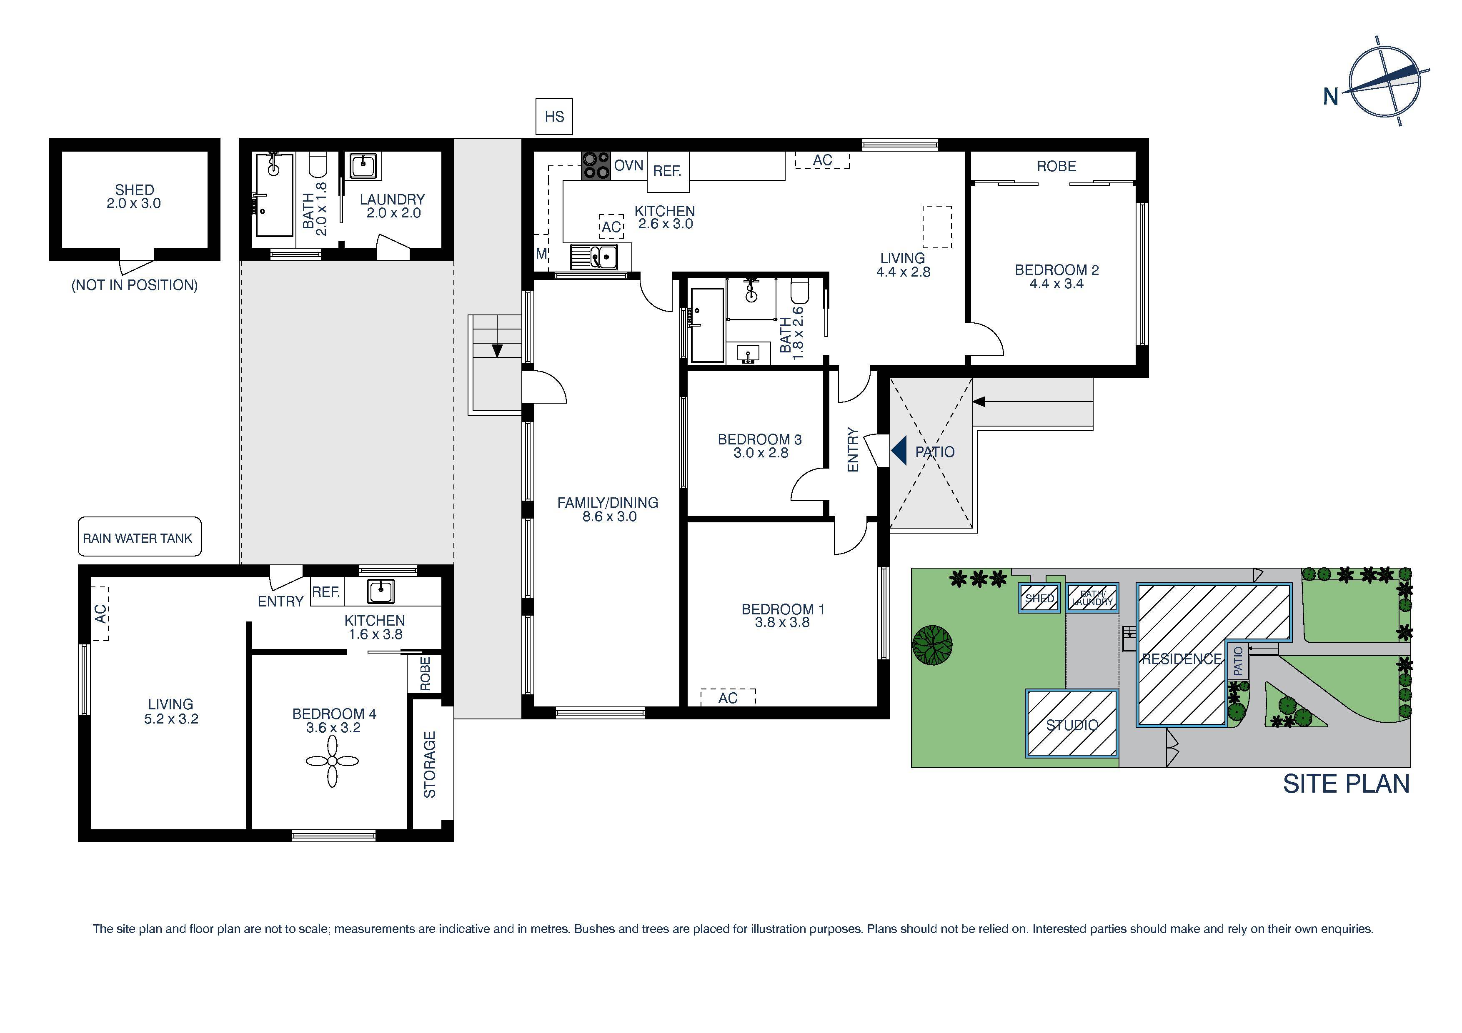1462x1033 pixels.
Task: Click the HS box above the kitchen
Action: tap(554, 117)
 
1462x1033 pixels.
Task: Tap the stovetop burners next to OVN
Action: tap(596, 165)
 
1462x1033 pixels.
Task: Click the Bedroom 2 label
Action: tap(1056, 276)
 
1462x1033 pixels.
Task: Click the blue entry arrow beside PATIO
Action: tap(899, 451)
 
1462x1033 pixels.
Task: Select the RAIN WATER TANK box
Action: tap(139, 537)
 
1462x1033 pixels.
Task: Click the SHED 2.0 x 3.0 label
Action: tap(134, 197)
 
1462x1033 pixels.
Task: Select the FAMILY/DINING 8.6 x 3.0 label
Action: tap(608, 509)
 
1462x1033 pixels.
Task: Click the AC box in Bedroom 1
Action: tap(727, 698)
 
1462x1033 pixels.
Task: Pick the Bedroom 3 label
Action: tap(760, 446)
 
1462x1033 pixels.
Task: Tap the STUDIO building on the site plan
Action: tap(1071, 724)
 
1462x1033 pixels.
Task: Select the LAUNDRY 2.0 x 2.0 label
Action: tap(392, 206)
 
